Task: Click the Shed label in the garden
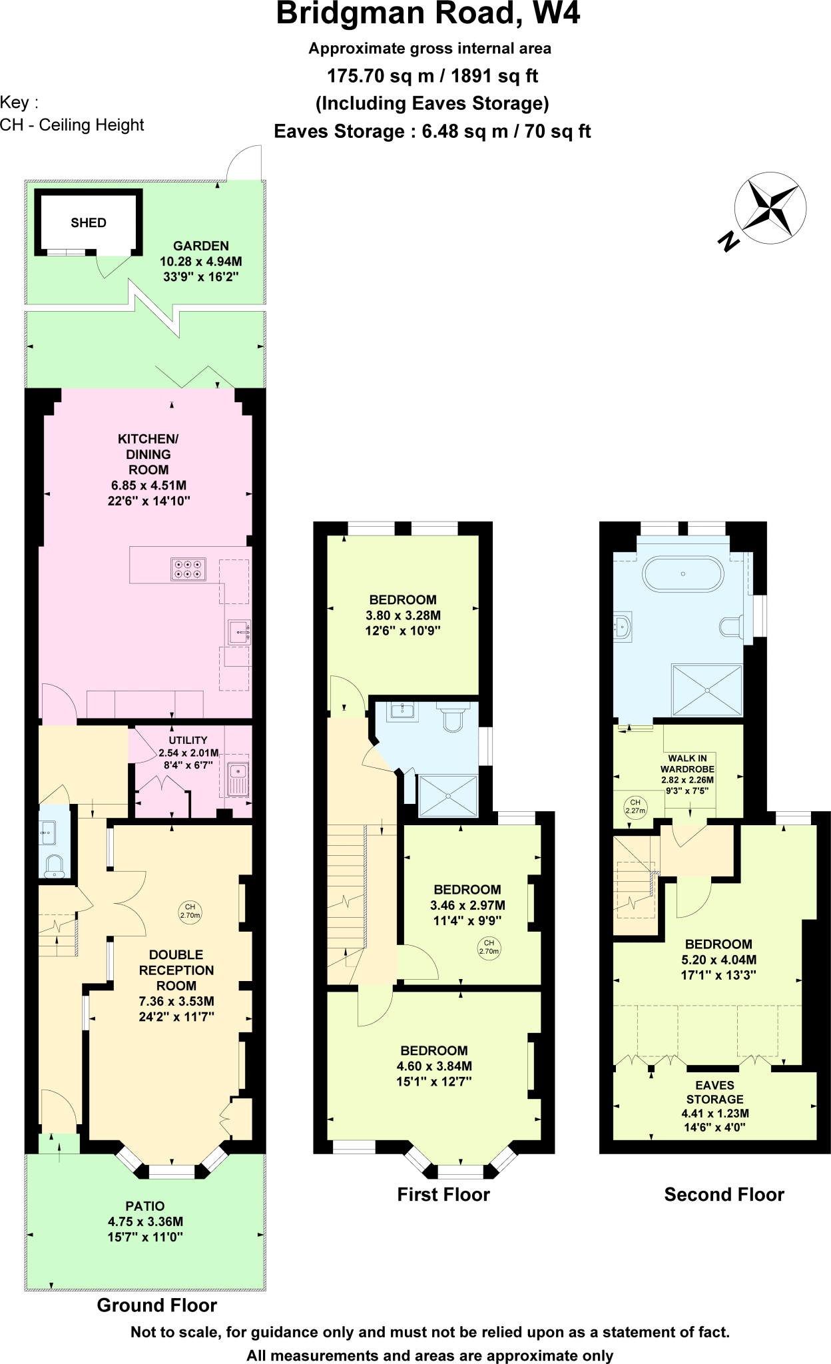[89, 223]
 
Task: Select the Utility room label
[188, 740]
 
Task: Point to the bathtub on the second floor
[683, 573]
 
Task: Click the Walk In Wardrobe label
[687, 764]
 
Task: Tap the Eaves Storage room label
[714, 1092]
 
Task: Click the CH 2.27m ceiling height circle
[635, 807]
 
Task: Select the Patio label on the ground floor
[145, 1206]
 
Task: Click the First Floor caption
[443, 1194]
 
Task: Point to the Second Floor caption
[724, 1194]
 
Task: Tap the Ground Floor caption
[157, 1305]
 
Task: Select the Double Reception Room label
[176, 970]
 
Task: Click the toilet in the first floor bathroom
[453, 718]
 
